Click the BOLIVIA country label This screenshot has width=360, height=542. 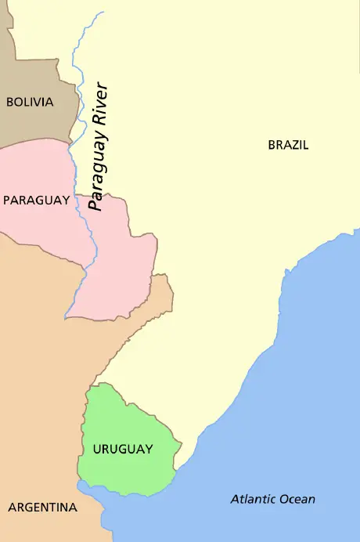pos(30,102)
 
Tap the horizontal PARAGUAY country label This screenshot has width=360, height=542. pos(36,201)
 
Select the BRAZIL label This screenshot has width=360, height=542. pos(288,145)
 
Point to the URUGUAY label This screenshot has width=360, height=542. pos(122,449)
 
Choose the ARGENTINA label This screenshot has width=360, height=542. pos(42,508)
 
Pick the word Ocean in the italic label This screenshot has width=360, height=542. pos(298,499)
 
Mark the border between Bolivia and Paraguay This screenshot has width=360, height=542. pos(35,143)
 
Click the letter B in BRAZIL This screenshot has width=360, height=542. pos(272,145)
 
